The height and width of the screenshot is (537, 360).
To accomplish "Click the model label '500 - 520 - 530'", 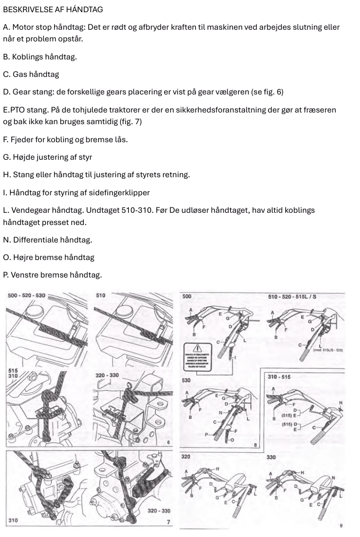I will coord(27,295).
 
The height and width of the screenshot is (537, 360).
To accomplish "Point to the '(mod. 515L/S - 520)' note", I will coord(328,350).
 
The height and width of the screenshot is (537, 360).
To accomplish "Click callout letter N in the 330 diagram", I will coord(333,477).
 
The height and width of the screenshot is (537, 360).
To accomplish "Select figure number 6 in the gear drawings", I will coord(168,441).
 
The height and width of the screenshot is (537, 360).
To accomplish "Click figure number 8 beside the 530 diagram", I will coord(256,444).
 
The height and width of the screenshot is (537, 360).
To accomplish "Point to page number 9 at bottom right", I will coord(342,526).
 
